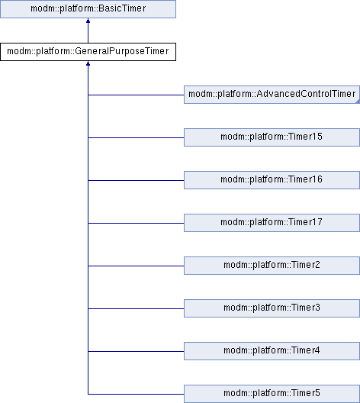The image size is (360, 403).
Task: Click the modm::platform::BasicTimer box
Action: (x=88, y=9)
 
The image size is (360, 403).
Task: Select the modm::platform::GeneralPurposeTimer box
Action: (x=88, y=52)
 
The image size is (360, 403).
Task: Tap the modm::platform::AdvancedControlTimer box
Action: (x=272, y=95)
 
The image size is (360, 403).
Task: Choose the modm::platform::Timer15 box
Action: (x=272, y=137)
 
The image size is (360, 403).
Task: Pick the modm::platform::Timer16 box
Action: (x=272, y=180)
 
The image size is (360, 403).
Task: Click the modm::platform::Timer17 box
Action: (x=272, y=223)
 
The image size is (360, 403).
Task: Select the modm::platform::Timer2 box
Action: (x=272, y=266)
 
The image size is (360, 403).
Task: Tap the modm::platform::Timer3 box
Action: (x=272, y=308)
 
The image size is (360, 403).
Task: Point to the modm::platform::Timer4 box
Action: (x=272, y=351)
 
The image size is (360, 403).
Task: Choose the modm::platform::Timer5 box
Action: (x=272, y=394)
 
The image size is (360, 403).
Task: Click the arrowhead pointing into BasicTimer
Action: (x=88, y=21)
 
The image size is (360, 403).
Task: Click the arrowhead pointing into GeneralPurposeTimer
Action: (x=88, y=63)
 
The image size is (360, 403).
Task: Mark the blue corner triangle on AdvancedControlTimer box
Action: (x=358, y=102)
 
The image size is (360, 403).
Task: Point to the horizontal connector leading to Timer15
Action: (x=136, y=137)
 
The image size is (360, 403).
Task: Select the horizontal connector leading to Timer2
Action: (x=136, y=266)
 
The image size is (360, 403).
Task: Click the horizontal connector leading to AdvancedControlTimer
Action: (x=136, y=95)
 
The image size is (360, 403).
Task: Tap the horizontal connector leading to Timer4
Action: (x=136, y=351)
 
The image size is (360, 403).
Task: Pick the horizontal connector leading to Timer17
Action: (x=136, y=223)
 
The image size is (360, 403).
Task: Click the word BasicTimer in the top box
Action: (x=122, y=8)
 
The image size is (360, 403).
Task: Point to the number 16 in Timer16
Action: (x=317, y=179)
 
